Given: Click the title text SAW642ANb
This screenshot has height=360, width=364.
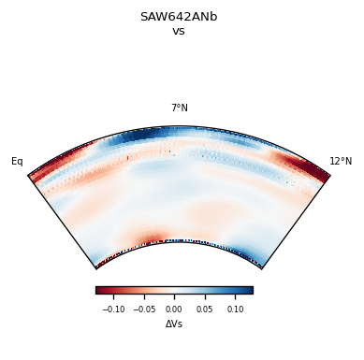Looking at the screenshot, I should pyautogui.click(x=179, y=17).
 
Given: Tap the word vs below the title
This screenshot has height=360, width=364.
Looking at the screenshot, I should pyautogui.click(x=179, y=31).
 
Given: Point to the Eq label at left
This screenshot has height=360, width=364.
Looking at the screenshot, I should pyautogui.click(x=17, y=162).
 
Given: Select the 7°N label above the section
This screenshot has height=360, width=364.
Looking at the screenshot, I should pyautogui.click(x=179, y=108).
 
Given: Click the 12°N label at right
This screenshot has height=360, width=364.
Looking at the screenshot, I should pyautogui.click(x=341, y=162).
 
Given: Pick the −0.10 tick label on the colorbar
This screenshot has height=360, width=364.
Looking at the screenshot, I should pyautogui.click(x=113, y=309).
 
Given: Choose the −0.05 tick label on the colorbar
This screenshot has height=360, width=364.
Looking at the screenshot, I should pyautogui.click(x=143, y=309).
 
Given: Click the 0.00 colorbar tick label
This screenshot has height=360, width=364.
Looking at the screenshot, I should pyautogui.click(x=174, y=309).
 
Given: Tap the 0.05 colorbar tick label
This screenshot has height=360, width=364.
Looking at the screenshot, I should pyautogui.click(x=205, y=309).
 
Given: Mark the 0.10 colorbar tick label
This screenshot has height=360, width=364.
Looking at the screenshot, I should pyautogui.click(x=236, y=309).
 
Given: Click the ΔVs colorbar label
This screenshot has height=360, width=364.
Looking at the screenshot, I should pyautogui.click(x=174, y=324).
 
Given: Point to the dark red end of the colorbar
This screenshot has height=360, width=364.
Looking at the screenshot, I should pyautogui.click(x=99, y=290).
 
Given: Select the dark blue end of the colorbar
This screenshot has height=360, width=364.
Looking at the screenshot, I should pyautogui.click(x=249, y=290).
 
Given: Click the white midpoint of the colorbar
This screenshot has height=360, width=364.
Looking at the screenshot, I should pyautogui.click(x=174, y=290).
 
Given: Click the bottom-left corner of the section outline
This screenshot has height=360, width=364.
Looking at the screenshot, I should pyautogui.click(x=95, y=269).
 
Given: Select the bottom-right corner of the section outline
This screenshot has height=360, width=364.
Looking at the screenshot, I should pyautogui.click(x=262, y=269).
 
